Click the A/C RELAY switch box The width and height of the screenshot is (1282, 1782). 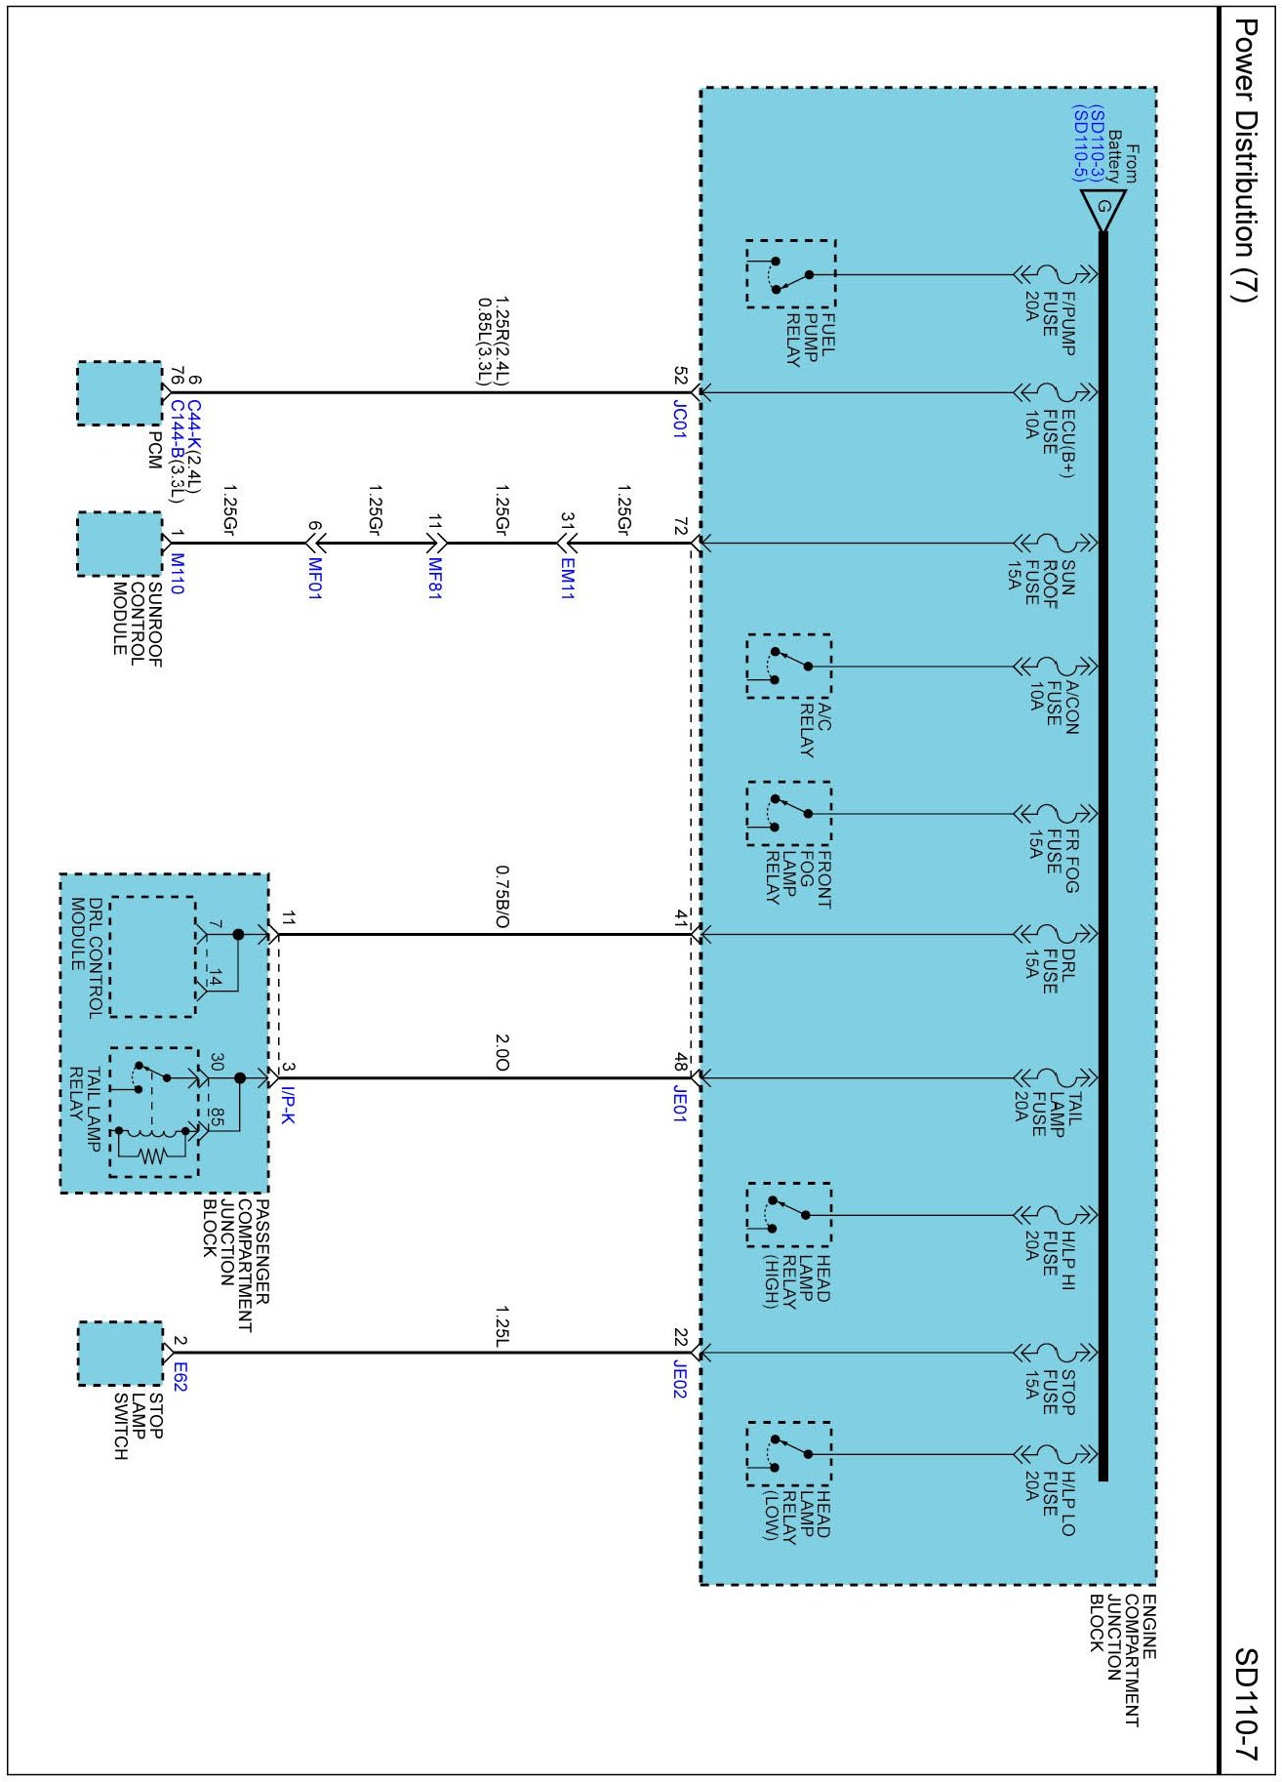coord(788,667)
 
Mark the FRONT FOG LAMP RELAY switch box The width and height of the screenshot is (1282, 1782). coord(788,813)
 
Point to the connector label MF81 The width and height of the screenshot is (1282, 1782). coord(435,579)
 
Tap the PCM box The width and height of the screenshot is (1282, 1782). coord(119,393)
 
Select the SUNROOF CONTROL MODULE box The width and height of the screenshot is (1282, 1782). coord(119,544)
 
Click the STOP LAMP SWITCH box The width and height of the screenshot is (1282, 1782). coord(119,1354)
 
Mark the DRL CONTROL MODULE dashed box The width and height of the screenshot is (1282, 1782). coord(152,956)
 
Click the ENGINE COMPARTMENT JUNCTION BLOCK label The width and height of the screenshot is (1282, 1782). coord(1122,1660)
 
